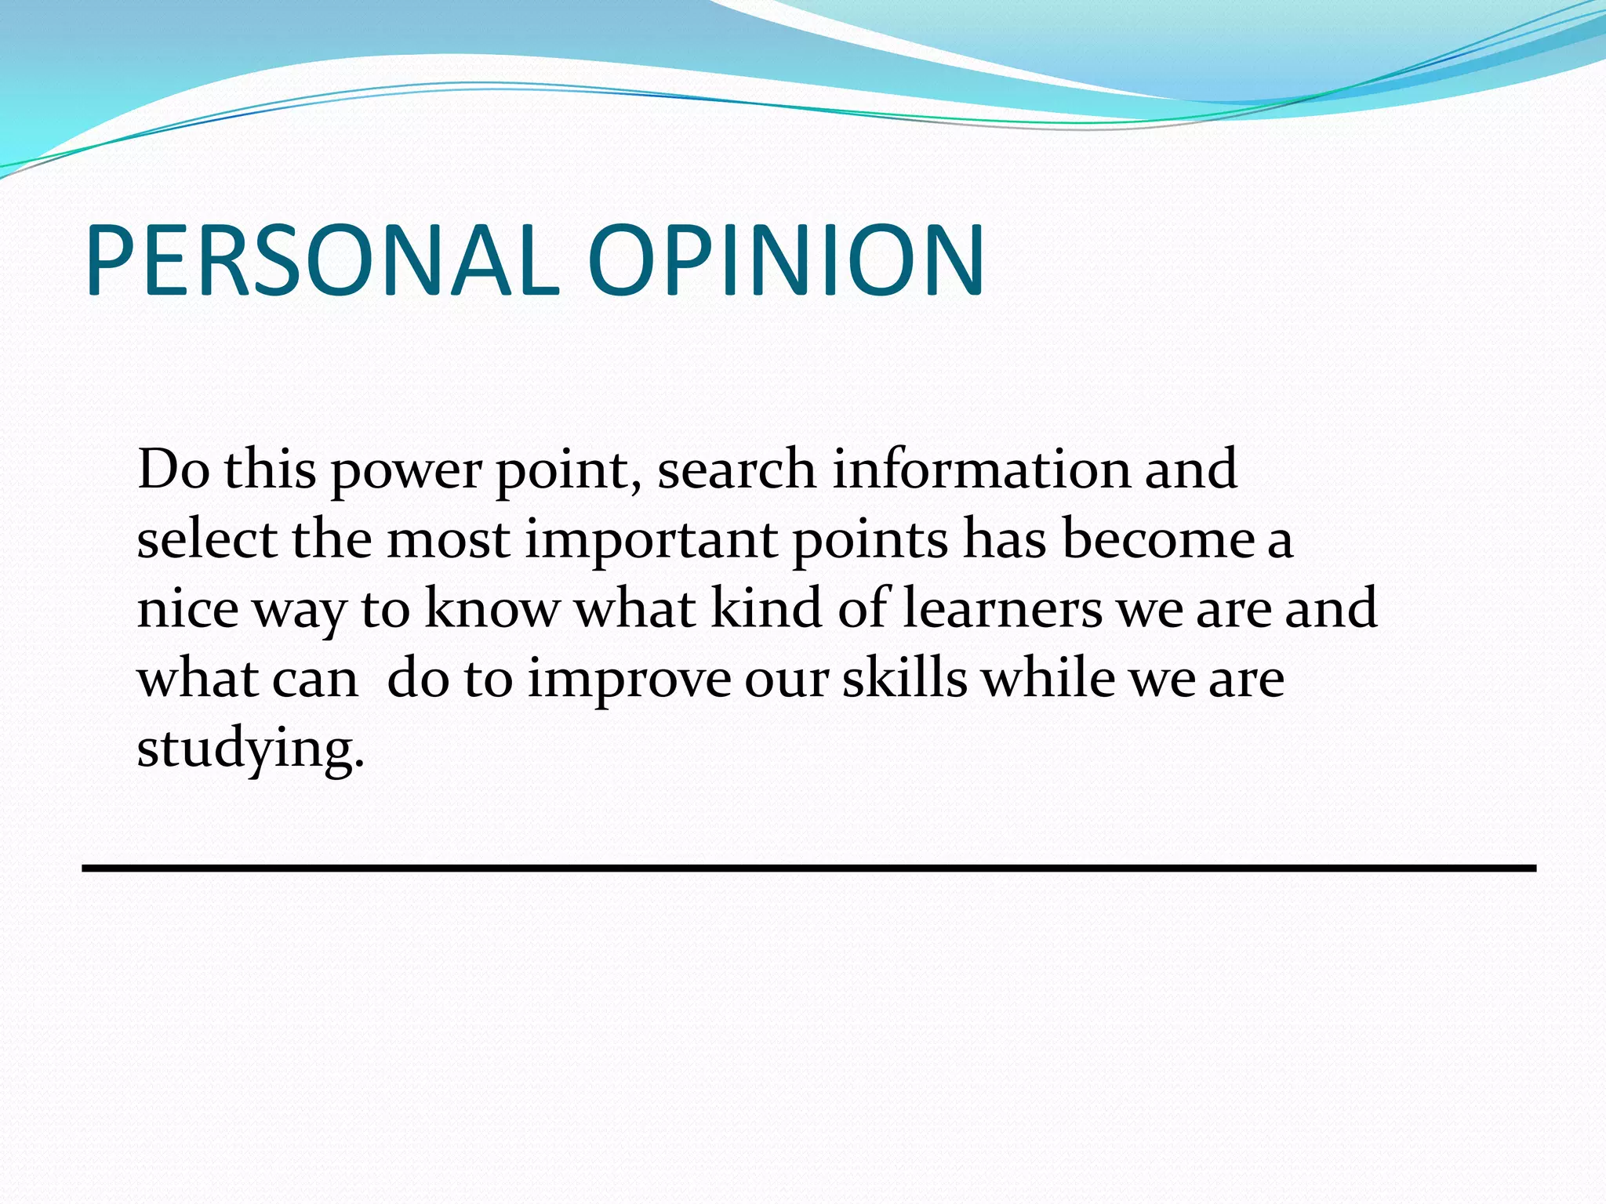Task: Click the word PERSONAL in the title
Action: pyautogui.click(x=322, y=260)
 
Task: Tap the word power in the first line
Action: pyautogui.click(x=407, y=470)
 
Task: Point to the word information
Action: pyautogui.click(x=980, y=469)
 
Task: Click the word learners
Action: pyautogui.click(x=1001, y=608)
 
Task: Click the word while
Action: pyautogui.click(x=1049, y=678)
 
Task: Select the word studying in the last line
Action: pyautogui.click(x=245, y=749)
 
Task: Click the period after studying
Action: pyautogui.click(x=360, y=763)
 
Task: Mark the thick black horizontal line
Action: pyautogui.click(x=808, y=868)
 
